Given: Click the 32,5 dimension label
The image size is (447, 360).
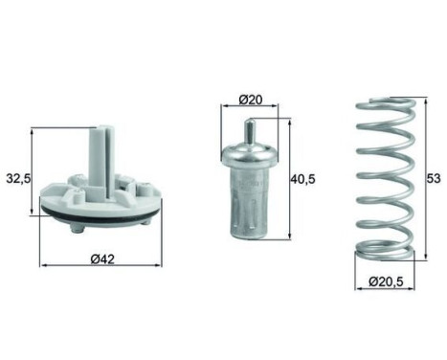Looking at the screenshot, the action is (x=18, y=179).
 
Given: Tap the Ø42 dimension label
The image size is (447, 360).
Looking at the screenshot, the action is (x=102, y=259).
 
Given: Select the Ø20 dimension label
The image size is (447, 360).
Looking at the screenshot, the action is (x=251, y=100).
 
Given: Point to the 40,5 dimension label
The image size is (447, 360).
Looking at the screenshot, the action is (x=302, y=179).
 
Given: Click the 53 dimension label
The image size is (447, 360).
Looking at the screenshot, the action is (x=434, y=178).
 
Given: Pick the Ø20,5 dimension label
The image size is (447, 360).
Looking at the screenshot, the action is (x=386, y=281).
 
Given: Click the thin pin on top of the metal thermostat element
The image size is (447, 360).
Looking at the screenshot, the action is (x=250, y=132).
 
